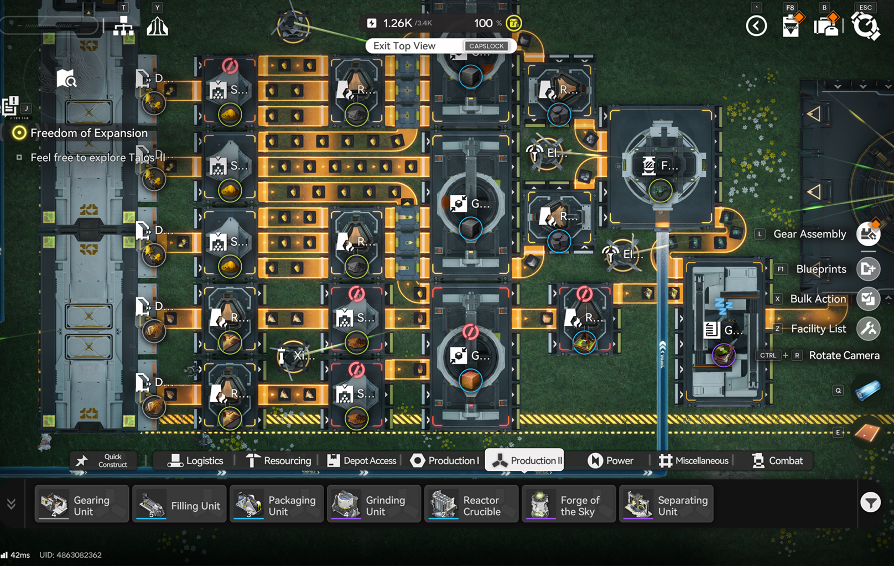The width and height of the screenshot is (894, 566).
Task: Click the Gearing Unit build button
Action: (82, 504)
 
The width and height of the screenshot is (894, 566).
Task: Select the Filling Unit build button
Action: (179, 504)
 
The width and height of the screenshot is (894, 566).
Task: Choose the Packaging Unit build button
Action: (277, 504)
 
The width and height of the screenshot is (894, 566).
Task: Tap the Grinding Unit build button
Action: (374, 504)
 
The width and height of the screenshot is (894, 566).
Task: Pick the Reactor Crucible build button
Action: (471, 504)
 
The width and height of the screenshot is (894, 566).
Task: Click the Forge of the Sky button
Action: (569, 504)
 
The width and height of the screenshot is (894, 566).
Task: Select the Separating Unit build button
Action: (666, 504)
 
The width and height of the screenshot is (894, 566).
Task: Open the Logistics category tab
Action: (195, 461)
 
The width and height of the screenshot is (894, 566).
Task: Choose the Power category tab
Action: (611, 461)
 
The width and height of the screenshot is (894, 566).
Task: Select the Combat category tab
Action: (777, 461)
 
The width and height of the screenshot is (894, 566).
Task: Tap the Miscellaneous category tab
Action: (694, 461)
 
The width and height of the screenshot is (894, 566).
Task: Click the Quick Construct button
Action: (103, 461)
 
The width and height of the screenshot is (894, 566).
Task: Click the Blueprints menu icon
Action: (868, 269)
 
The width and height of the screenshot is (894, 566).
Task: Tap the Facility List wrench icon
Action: (868, 329)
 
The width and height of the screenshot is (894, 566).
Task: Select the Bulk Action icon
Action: (868, 299)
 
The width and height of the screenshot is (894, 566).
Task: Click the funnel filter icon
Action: (870, 502)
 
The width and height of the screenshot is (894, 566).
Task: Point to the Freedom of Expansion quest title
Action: (89, 133)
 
